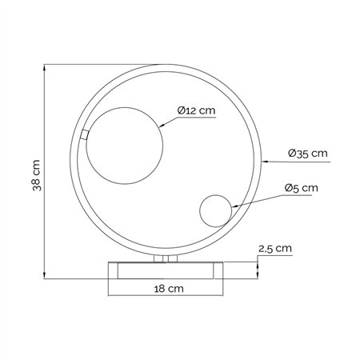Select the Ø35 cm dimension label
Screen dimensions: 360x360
pos(306,152)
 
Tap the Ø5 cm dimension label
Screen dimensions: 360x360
pos(300,189)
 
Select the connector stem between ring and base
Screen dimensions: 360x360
pos(166,258)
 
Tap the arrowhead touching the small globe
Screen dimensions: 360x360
pos(233,208)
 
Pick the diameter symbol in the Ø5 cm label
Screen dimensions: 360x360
pos(288,189)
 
